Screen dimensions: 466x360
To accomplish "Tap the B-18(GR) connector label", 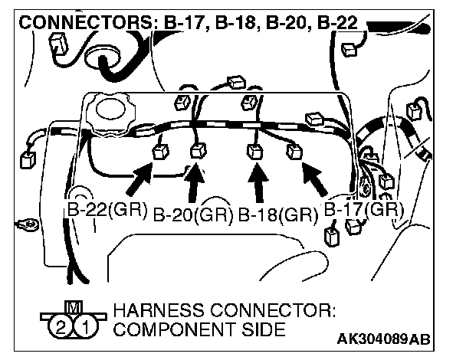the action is click(x=277, y=215).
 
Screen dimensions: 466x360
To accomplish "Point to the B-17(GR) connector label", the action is click(x=363, y=208).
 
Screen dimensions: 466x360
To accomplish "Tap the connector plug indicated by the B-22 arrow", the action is click(x=161, y=151).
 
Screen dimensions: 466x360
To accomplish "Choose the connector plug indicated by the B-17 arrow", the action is click(x=293, y=151).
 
